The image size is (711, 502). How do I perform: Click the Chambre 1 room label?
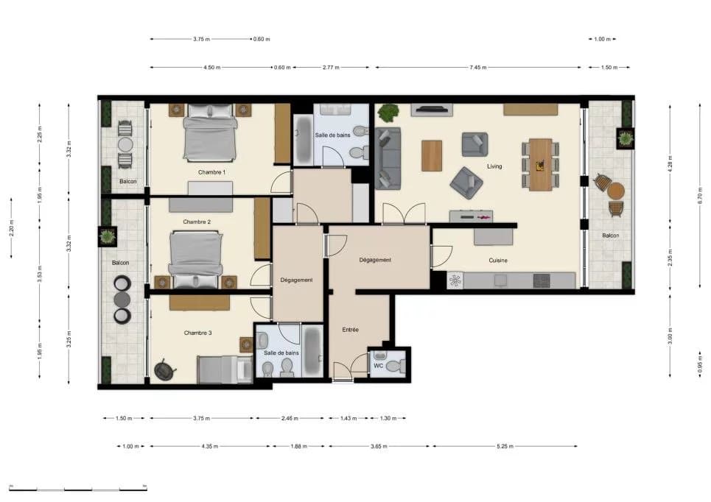[x=211, y=172]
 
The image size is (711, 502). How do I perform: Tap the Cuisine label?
[x=498, y=261]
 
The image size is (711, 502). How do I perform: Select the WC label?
[x=379, y=366]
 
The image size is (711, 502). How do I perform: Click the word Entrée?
[x=350, y=330]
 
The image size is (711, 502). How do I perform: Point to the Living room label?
[x=494, y=166]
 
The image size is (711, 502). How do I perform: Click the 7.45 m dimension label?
[x=478, y=68]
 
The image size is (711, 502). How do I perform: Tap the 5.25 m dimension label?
[x=505, y=446]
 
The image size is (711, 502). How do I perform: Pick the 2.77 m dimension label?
[x=331, y=68]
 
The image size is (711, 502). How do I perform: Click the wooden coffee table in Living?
[x=432, y=156]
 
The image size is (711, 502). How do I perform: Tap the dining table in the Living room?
[x=541, y=164]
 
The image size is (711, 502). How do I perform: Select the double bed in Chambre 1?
[x=210, y=132]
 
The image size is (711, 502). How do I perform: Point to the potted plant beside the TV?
[x=388, y=113]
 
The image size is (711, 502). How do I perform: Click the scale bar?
[x=78, y=489]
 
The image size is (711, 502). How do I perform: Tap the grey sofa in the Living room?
[x=388, y=158]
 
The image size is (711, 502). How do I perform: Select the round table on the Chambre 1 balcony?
[x=125, y=145]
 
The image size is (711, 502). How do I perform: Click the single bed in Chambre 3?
[x=225, y=370]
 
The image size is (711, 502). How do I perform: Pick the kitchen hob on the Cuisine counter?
[x=542, y=280]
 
